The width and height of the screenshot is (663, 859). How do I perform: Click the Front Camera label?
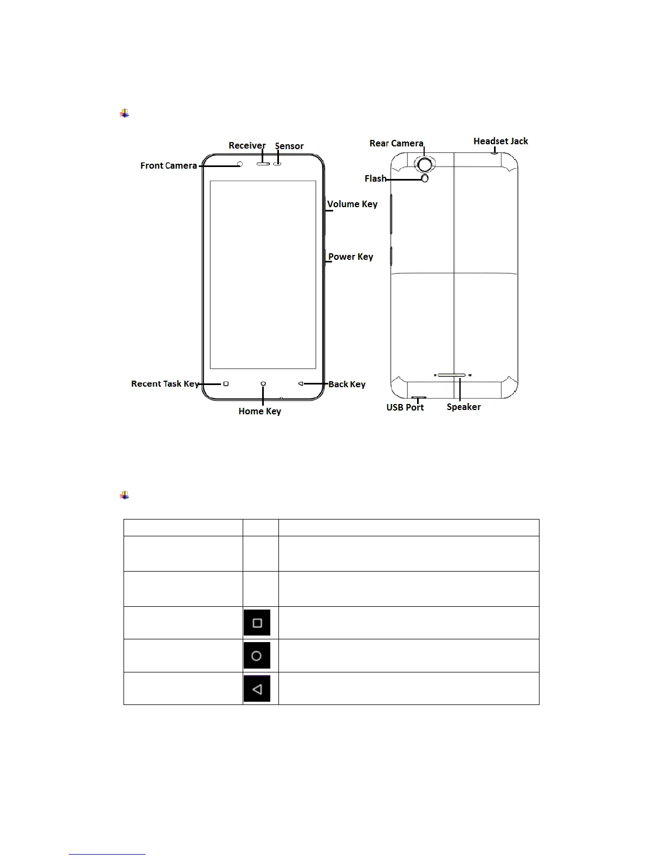pos(168,165)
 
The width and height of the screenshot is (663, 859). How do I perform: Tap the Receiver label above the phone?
pos(247,145)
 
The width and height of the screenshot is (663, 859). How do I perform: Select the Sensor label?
pos(289,146)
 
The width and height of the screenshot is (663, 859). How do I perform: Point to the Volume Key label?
pos(352,204)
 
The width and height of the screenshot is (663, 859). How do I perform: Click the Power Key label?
pos(350,257)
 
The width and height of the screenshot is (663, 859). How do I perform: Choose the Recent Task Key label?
pos(165,383)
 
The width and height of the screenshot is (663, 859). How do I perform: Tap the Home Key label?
pos(259,411)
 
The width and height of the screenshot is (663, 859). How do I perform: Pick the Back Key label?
pos(347,384)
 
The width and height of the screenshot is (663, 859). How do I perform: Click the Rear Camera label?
pos(396,143)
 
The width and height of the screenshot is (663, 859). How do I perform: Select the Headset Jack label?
pos(500,141)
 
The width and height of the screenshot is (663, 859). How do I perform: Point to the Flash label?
pos(375,178)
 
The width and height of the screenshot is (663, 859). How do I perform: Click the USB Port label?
pos(405,407)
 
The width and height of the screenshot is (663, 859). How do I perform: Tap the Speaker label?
pos(464,407)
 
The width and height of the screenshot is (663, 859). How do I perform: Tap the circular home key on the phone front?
pos(263,383)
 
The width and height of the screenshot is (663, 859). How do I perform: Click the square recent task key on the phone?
pos(226,383)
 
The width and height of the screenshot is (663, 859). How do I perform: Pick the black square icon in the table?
pos(257,623)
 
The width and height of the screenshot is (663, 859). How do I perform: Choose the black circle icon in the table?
pos(257,656)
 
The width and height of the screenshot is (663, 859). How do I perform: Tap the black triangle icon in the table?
pos(257,689)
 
